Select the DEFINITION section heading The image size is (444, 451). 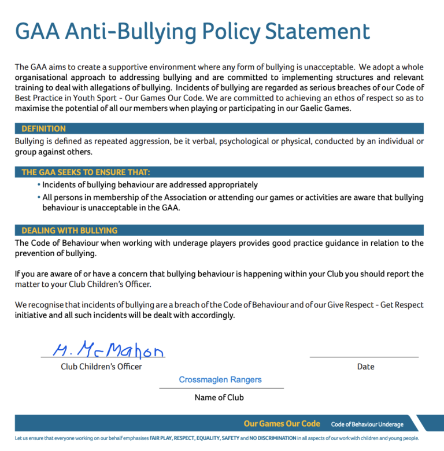click(x=43, y=128)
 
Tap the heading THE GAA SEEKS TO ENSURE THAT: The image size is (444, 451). click(x=86, y=172)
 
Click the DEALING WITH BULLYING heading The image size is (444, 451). click(x=69, y=230)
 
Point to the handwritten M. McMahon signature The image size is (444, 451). click(x=108, y=350)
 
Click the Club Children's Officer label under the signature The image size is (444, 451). click(x=101, y=367)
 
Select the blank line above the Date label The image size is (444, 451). click(x=364, y=357)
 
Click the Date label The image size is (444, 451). click(x=365, y=367)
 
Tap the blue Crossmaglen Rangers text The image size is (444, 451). click(x=220, y=380)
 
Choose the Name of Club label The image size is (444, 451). click(x=219, y=397)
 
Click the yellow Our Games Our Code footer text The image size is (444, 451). click(x=282, y=424)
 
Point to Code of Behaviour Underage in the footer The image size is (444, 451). click(x=367, y=424)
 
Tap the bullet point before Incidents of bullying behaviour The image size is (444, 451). click(x=39, y=185)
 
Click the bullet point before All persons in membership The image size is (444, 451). click(x=39, y=198)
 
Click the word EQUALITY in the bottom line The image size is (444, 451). click(x=208, y=439)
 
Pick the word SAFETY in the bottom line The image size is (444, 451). click(x=231, y=439)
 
